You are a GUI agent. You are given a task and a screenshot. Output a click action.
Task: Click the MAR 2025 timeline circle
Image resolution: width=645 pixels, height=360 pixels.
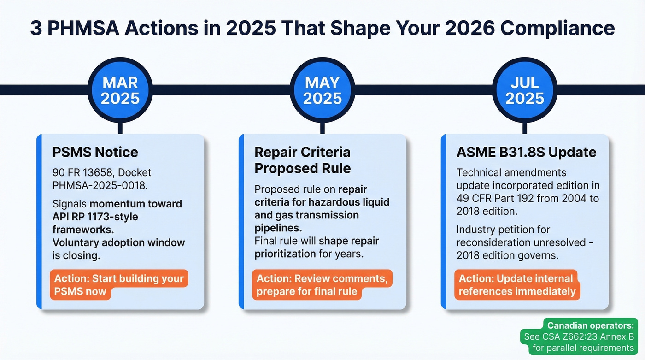(120, 90)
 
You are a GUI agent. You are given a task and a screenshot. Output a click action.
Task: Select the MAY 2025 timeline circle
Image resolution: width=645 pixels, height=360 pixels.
(322, 90)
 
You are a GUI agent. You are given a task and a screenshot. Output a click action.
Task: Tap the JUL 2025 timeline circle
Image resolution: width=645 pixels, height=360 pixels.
(525, 90)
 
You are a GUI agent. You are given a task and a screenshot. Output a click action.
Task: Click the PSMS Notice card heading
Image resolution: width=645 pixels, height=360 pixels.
(95, 152)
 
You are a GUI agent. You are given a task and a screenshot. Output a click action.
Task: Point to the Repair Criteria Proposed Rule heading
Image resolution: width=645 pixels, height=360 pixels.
(302, 160)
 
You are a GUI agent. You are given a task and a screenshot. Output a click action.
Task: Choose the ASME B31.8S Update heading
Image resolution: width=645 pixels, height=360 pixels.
(526, 152)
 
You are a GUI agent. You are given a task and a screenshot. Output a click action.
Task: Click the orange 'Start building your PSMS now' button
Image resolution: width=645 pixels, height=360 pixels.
(119, 284)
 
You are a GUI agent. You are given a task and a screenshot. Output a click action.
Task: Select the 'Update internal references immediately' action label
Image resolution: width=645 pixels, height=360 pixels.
(517, 284)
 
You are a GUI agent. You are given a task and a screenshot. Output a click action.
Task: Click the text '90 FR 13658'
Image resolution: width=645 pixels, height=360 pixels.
(81, 173)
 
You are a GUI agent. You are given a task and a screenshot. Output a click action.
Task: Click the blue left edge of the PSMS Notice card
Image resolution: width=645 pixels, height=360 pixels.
(39, 221)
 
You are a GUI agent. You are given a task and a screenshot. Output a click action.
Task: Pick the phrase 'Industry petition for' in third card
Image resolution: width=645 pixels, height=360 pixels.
(503, 229)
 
